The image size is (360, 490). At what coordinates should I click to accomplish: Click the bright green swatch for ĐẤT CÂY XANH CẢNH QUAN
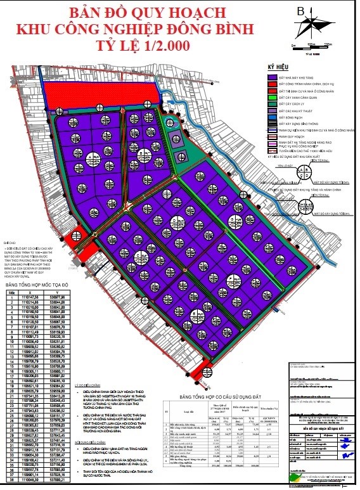click(x=273, y=100)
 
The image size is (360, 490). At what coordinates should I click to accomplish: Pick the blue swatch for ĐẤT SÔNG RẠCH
click(x=273, y=117)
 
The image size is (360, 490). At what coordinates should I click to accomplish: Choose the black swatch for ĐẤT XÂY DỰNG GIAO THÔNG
click(x=273, y=125)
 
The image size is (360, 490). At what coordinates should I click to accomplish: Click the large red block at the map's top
click(x=101, y=95)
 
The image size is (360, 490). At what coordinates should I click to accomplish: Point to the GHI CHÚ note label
click(x=8, y=242)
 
